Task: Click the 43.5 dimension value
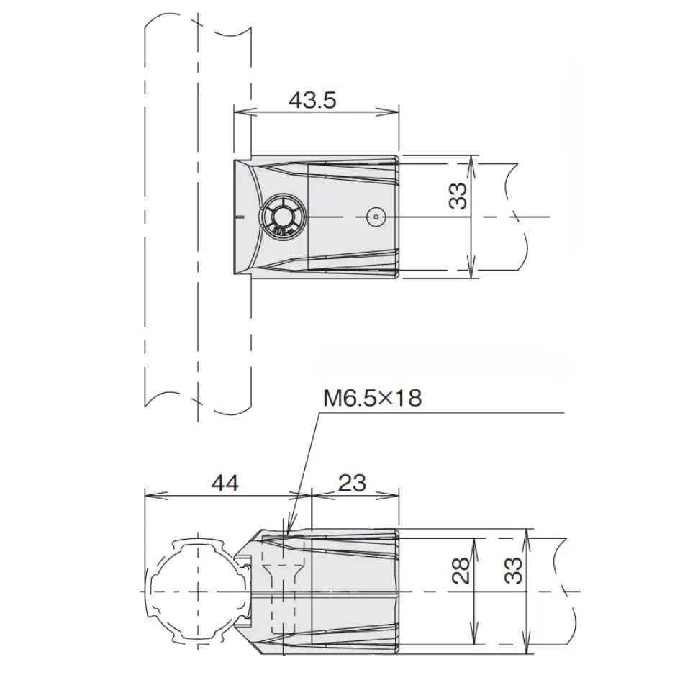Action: pyautogui.click(x=312, y=99)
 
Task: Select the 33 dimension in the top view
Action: pyautogui.click(x=458, y=196)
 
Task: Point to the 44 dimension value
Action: pyautogui.click(x=226, y=483)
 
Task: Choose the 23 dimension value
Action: pyautogui.click(x=351, y=483)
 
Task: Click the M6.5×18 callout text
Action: pyautogui.click(x=372, y=399)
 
